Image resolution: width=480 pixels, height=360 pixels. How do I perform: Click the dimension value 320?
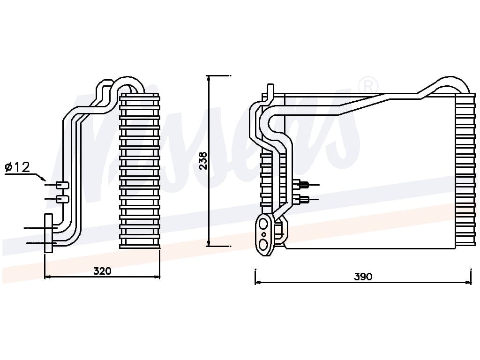[x=102, y=270]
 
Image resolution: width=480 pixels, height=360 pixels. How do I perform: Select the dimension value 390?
[x=363, y=277]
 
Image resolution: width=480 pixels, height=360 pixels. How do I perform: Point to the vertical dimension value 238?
[x=203, y=160]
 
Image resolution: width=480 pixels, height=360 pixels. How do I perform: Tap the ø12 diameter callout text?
[x=17, y=167]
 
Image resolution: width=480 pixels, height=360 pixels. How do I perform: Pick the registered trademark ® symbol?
[x=368, y=85]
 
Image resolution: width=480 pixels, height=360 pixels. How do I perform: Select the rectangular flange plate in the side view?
[x=48, y=233]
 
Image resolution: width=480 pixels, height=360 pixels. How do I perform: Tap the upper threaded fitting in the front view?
[x=303, y=185]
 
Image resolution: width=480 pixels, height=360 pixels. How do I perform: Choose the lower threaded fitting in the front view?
[x=303, y=200]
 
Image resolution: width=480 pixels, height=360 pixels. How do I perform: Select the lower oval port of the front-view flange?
[x=264, y=244]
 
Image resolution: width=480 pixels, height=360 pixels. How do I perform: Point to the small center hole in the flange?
[x=264, y=234]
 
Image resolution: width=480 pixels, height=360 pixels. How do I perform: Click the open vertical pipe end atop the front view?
[x=270, y=88]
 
